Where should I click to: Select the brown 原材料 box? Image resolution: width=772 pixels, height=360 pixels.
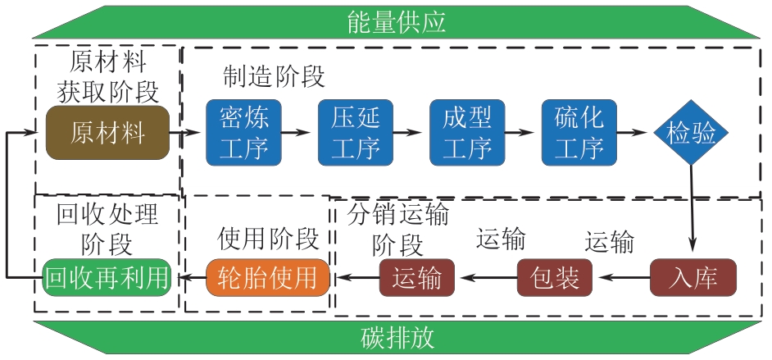click(x=107, y=132)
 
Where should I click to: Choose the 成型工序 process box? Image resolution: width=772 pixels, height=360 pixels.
click(x=464, y=132)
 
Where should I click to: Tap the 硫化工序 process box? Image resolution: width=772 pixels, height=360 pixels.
click(x=575, y=132)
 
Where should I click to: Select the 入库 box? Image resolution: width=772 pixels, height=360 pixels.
click(x=693, y=277)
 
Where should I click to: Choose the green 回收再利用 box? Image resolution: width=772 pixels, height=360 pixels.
click(x=107, y=277)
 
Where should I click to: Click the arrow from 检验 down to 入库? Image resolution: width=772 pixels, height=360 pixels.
click(x=691, y=205)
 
